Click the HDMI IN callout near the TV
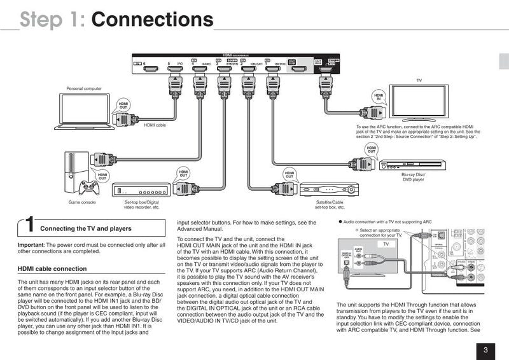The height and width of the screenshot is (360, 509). point(380,97)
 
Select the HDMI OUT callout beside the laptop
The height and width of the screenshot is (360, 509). point(123,106)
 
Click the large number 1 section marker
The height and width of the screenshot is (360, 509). point(29,226)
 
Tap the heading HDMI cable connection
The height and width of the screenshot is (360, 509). point(52,269)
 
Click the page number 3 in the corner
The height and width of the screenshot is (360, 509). point(485,349)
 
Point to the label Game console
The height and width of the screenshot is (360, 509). point(82,204)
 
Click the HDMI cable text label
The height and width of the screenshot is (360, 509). point(155,125)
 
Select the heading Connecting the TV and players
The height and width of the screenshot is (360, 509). point(86,228)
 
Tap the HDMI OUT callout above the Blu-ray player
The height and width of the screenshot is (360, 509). point(371,149)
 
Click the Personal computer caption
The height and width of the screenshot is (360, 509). point(84,88)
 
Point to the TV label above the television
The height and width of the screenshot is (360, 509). point(419,81)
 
